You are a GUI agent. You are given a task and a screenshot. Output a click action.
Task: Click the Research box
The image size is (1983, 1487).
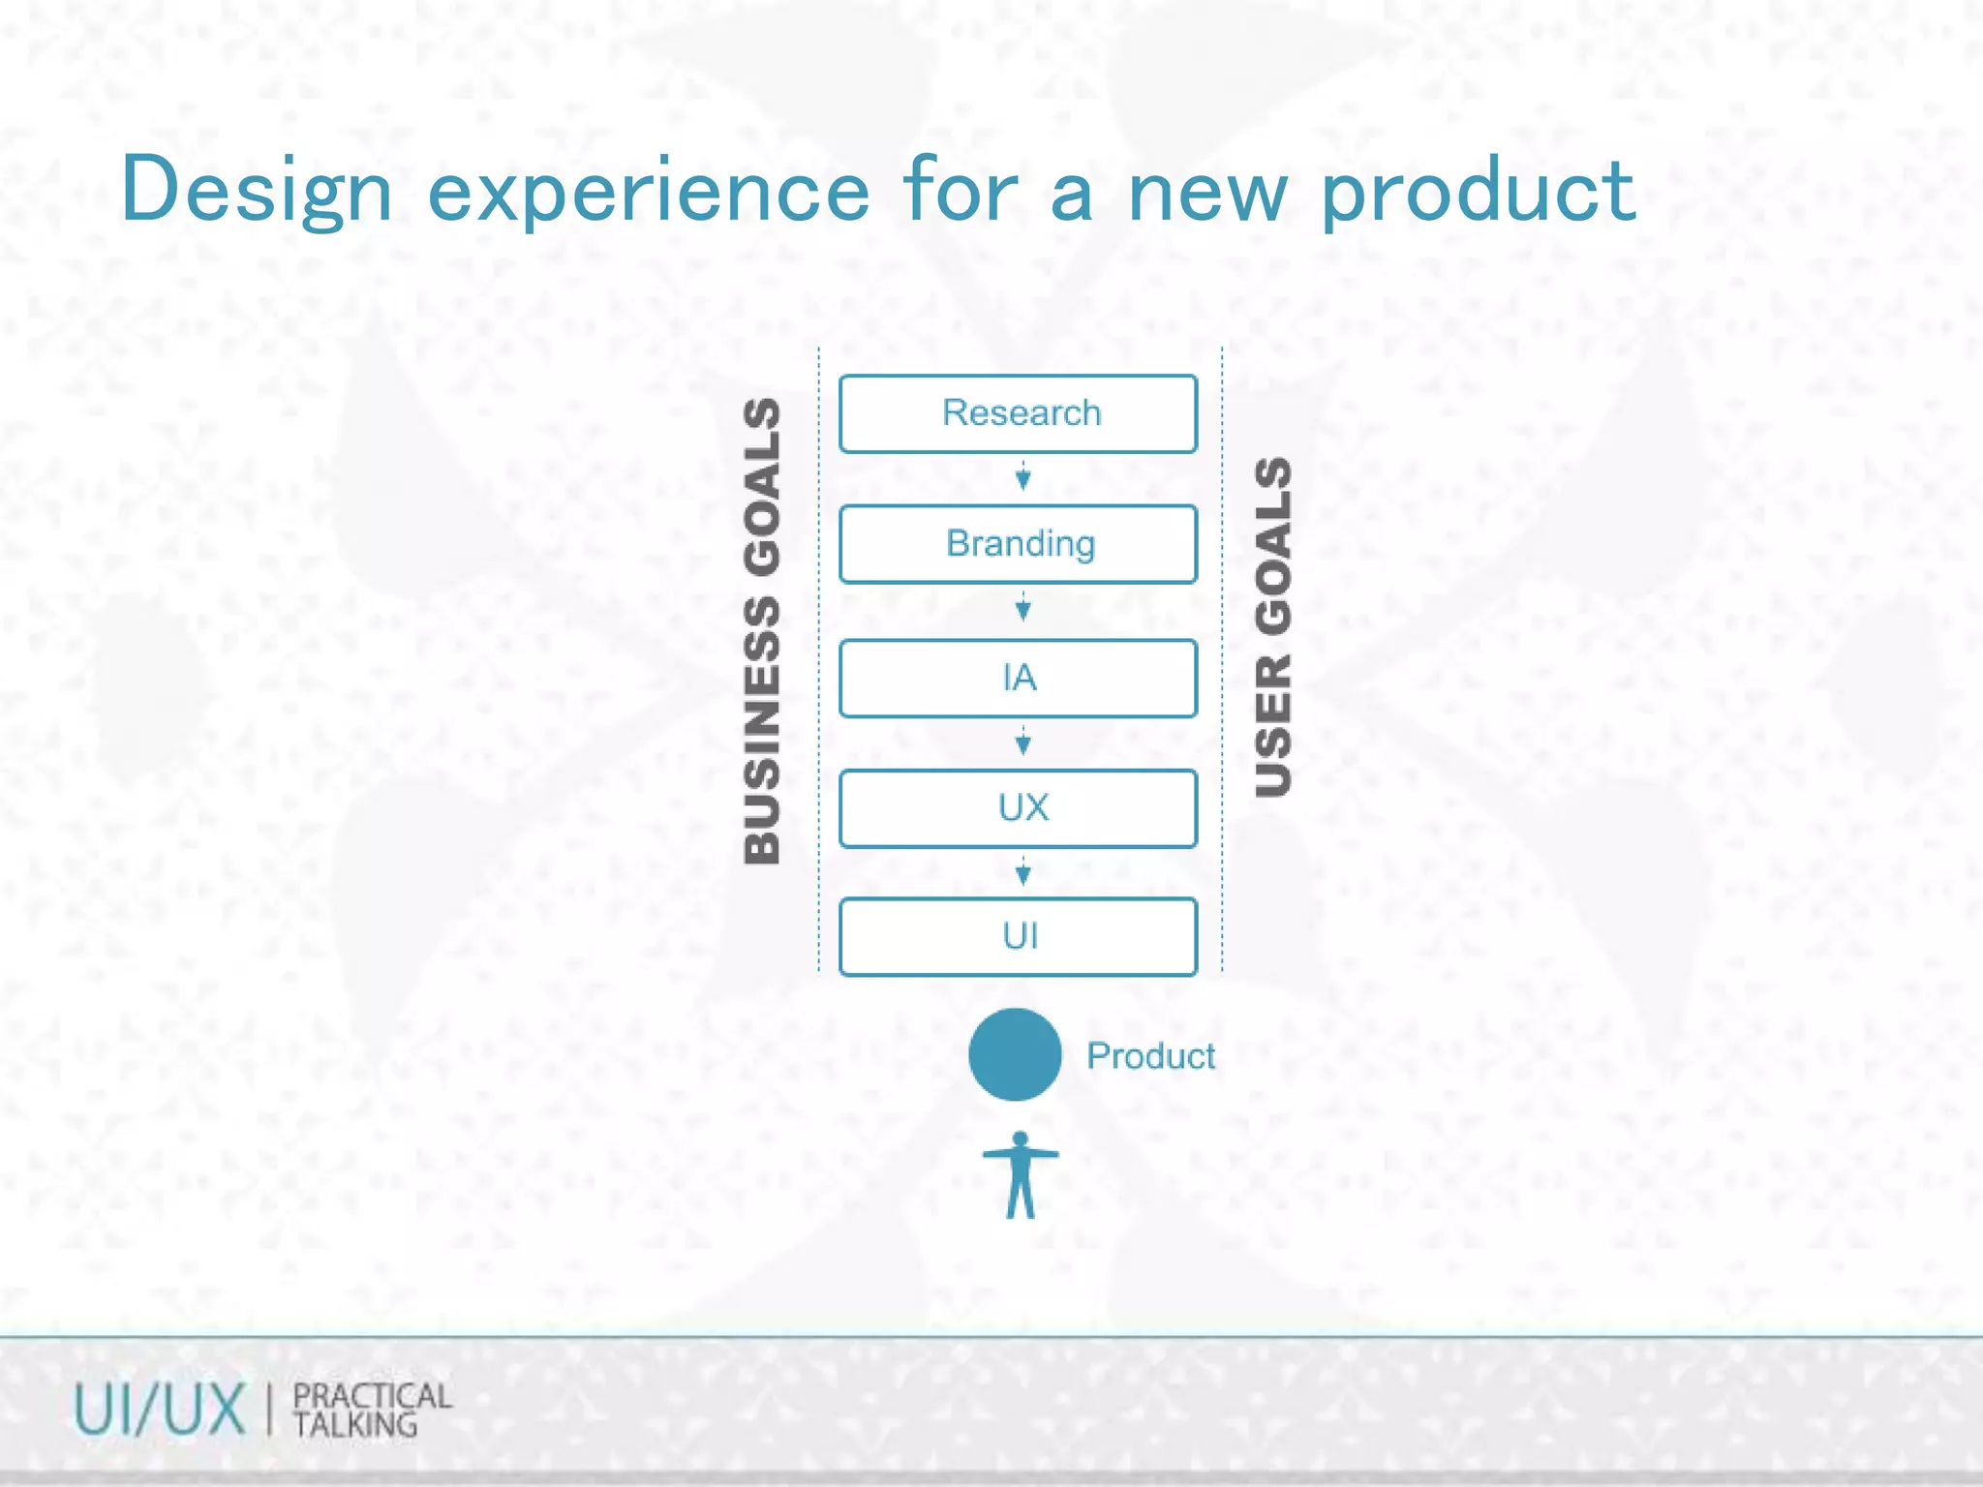pos(1018,413)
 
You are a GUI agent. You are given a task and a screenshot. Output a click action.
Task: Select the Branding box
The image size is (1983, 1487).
pos(1018,544)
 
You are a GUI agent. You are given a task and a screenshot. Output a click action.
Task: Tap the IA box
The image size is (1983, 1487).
pos(1018,678)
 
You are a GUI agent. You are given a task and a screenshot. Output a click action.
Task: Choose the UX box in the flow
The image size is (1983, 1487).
pos(1018,808)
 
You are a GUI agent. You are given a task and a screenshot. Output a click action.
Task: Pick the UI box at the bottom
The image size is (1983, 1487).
pos(1018,936)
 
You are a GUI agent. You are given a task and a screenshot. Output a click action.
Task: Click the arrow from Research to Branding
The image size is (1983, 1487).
pos(1022,477)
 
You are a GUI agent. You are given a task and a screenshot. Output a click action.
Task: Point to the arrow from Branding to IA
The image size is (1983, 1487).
pos(1022,609)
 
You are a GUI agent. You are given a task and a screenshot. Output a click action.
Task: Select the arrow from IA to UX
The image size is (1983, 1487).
pos(1022,743)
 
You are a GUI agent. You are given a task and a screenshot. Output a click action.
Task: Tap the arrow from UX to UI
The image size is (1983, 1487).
pos(1022,873)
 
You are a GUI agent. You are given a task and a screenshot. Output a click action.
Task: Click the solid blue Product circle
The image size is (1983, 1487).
pos(1015,1054)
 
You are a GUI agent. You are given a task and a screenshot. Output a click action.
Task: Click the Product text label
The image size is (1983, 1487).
pos(1150,1056)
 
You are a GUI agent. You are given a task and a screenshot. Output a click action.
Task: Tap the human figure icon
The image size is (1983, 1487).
pos(1021,1175)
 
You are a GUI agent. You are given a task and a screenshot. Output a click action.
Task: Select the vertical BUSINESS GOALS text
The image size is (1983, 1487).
pos(763,630)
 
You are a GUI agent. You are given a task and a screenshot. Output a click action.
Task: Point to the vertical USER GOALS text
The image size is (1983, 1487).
pos(1273,627)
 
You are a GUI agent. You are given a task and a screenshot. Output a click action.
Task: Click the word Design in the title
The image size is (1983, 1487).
pos(257,192)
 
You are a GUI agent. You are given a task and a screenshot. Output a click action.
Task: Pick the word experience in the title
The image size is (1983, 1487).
pos(649,194)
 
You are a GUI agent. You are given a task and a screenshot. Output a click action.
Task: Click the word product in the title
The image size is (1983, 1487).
pos(1479,194)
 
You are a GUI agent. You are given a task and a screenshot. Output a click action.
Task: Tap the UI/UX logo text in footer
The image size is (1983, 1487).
pos(160,1410)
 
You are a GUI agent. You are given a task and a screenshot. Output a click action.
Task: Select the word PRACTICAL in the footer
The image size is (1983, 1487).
pos(372,1396)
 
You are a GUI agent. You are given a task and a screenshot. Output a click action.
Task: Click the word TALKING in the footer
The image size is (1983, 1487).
pos(355,1425)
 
